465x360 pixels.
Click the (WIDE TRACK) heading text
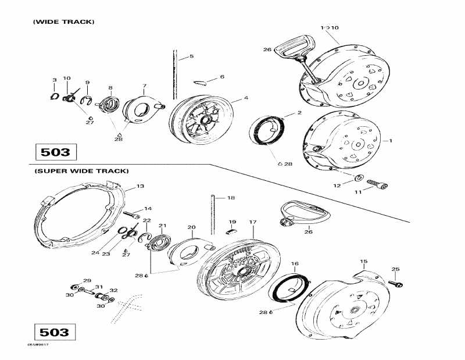tap(63, 22)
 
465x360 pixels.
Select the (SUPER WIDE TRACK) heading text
tap(81, 171)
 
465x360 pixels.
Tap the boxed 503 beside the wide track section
tap(55, 153)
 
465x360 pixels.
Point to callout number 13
tap(140, 186)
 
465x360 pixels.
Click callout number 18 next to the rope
tap(231, 198)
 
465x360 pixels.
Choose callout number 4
tap(246, 98)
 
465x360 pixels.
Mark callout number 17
tap(253, 222)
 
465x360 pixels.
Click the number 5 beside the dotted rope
tap(191, 56)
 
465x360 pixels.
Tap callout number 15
tap(364, 261)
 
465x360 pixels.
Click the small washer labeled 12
tap(359, 177)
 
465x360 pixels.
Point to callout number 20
tap(191, 227)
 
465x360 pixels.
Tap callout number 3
tap(54, 80)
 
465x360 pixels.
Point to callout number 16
tap(295, 264)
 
